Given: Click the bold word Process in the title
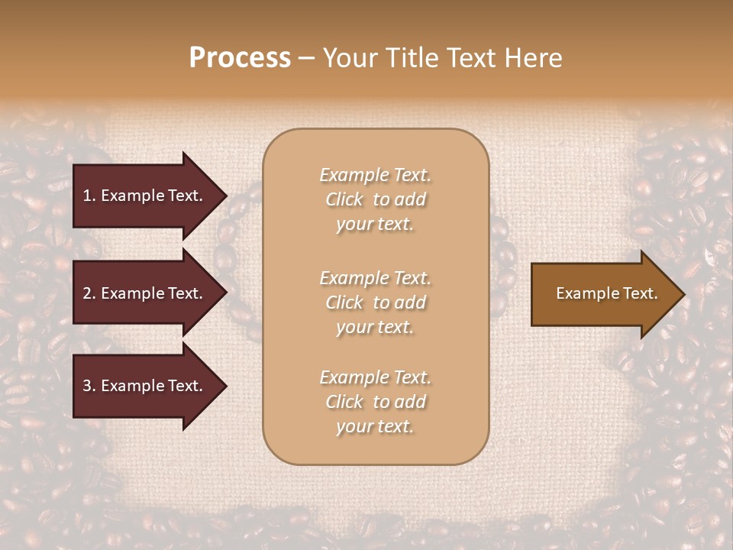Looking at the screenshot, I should click(x=240, y=58).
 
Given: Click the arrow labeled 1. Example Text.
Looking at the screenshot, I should click(x=143, y=196).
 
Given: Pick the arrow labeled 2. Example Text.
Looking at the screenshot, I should click(x=143, y=293).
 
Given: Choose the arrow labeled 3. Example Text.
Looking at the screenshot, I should click(x=143, y=387).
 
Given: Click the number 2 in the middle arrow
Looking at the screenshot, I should click(x=87, y=293).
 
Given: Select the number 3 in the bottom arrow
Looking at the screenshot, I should click(x=87, y=387).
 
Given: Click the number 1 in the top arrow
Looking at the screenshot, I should click(x=87, y=196).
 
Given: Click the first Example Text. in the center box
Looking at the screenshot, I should click(x=375, y=175).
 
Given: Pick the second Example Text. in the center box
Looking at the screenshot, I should click(x=375, y=278).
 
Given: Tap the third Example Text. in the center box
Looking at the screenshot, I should click(x=375, y=377).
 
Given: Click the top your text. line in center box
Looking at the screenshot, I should click(x=375, y=225).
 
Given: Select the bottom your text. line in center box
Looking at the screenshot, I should click(x=375, y=427).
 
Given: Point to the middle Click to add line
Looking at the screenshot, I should click(x=375, y=302).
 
